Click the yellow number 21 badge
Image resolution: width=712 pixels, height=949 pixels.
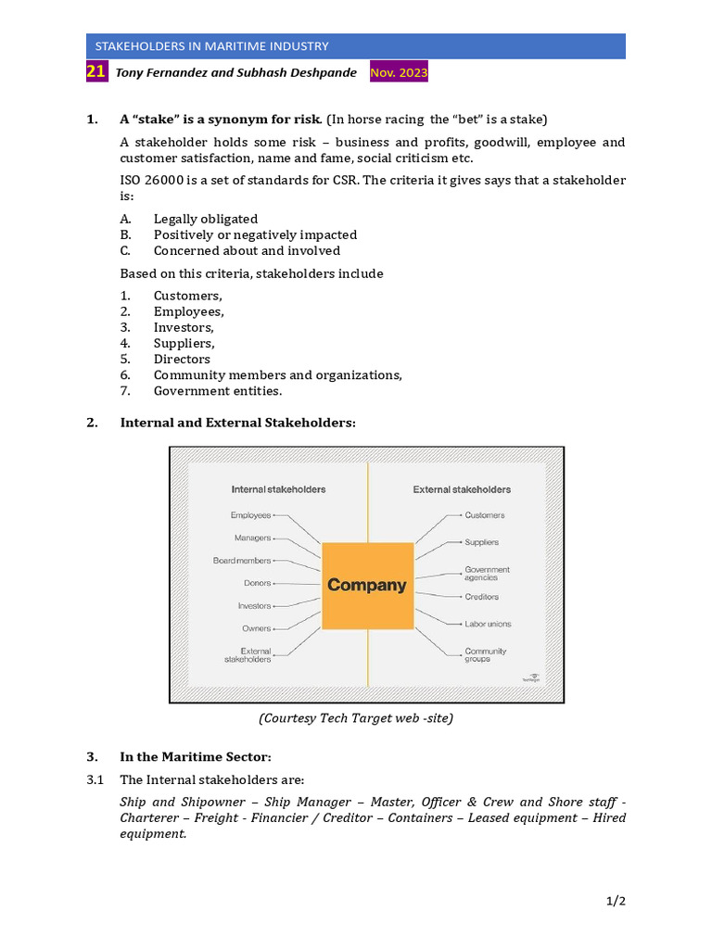coord(96,72)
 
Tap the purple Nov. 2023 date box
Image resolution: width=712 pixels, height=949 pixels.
coord(399,72)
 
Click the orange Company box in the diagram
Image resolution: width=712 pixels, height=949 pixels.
coord(367,586)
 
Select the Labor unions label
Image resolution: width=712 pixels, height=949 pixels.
coord(488,624)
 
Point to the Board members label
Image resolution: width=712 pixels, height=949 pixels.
coord(242,561)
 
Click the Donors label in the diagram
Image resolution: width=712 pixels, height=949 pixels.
coord(257,583)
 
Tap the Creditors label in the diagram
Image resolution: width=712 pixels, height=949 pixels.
coord(481,597)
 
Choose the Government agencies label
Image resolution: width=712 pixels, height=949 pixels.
coord(487,574)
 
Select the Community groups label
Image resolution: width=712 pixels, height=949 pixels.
coord(486,655)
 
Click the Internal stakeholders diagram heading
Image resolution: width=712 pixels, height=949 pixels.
coord(278,489)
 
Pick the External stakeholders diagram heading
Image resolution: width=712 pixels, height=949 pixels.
coord(462,489)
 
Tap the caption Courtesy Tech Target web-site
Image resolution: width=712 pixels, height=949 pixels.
coord(356,718)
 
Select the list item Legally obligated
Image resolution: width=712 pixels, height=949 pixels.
coord(206,220)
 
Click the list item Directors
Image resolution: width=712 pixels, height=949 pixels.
coord(182,360)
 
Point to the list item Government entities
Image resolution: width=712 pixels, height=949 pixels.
coord(218,391)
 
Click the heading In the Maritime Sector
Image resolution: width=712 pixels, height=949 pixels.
coord(196,757)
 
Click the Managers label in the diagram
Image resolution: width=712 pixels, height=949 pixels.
coord(253,538)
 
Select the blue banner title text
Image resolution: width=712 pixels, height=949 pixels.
coord(208,46)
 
